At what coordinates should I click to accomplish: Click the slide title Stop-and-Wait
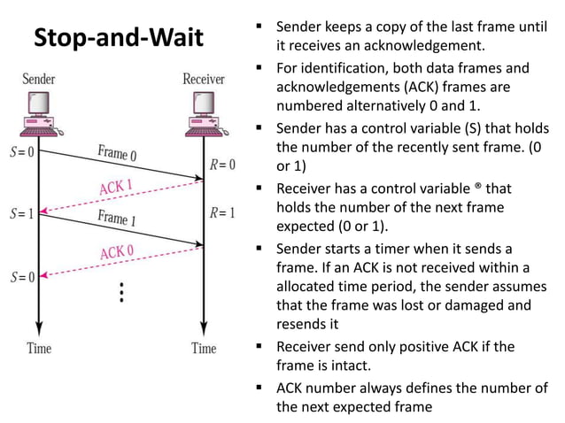[x=118, y=39]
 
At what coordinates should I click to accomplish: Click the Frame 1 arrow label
[x=117, y=218]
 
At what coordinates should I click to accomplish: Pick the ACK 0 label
[x=118, y=252]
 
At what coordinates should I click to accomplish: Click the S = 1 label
[x=19, y=213]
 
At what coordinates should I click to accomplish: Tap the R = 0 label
[x=221, y=164]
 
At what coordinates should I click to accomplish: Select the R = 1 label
[x=221, y=213]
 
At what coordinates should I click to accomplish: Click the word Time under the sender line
[x=39, y=348]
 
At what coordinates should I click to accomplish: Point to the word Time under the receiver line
[x=204, y=348]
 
